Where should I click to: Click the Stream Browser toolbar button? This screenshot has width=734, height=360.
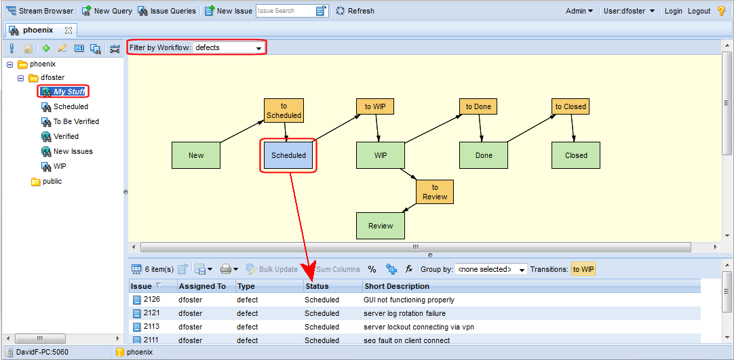coord(39,11)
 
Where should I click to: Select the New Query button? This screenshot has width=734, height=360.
coord(107,11)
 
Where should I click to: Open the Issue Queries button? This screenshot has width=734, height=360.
coord(167,11)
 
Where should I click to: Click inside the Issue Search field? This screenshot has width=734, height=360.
coord(286,11)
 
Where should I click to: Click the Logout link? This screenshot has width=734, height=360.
coord(699,11)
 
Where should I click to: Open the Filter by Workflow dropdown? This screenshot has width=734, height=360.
coord(229,47)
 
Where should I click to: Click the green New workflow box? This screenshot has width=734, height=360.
coord(196,155)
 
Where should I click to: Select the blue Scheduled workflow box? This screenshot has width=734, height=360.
coord(288,155)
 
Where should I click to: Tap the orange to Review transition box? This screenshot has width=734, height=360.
coord(435,192)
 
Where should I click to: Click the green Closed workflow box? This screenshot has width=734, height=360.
coord(576,155)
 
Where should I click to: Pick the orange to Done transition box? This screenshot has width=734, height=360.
coord(478,106)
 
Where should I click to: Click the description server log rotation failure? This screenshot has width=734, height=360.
coord(404,313)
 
